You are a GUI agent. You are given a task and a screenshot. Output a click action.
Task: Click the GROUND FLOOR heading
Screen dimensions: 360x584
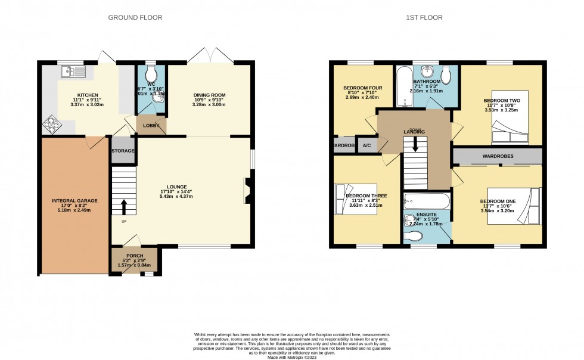coord(135,18)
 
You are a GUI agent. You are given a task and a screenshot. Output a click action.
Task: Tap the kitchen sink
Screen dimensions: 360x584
coord(74,73)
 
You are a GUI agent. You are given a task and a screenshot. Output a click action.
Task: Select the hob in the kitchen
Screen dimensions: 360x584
coord(51,126)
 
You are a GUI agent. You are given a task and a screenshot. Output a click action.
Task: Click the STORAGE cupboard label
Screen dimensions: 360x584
coord(123,151)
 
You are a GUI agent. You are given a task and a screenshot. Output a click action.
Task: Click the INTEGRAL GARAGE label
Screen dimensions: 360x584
coord(74,201)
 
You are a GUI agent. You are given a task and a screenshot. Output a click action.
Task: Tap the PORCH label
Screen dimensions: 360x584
coord(134,256)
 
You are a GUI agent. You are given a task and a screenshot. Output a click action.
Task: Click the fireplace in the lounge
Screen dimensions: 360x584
coord(246,191)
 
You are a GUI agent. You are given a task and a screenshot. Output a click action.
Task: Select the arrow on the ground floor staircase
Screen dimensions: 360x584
coord(124,206)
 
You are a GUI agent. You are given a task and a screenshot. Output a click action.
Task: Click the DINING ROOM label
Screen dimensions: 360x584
coord(209,95)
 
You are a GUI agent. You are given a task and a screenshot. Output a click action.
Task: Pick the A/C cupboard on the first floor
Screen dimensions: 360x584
coord(366,145)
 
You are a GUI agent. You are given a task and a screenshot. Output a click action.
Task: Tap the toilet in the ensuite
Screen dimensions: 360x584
coord(415,237)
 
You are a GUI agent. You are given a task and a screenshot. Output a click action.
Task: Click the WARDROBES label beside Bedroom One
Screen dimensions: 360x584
coord(498,156)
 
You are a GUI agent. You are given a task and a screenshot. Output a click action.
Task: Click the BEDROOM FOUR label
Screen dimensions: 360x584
coord(362,88)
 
